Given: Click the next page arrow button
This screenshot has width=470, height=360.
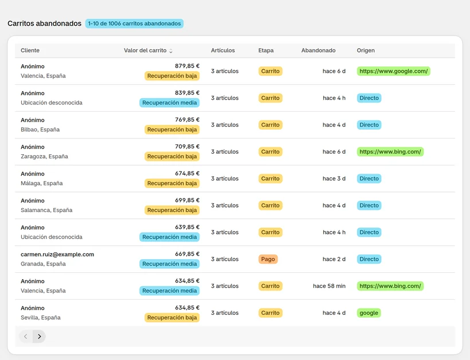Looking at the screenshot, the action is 40,336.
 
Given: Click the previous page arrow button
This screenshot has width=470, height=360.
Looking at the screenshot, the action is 26,336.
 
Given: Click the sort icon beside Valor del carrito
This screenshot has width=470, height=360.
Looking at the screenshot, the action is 171,51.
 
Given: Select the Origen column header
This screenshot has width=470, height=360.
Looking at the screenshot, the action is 365,50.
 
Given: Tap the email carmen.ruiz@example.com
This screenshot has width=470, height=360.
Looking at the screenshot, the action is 57,254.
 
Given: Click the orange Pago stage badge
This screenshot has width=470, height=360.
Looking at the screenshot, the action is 268,259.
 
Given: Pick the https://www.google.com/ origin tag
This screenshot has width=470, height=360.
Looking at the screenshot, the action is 393,71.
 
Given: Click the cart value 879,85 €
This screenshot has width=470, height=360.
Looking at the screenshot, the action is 187,66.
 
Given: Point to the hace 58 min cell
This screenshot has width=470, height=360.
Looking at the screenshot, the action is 329,286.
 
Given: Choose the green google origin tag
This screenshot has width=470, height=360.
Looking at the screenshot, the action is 369,313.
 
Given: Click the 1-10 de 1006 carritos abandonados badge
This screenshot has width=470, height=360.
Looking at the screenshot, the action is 134,24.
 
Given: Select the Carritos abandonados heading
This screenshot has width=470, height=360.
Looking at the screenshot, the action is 44,24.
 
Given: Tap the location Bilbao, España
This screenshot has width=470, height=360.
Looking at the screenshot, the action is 40,130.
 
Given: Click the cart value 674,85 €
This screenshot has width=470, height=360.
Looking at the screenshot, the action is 187,173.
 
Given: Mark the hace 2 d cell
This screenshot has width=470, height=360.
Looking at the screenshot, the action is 334,259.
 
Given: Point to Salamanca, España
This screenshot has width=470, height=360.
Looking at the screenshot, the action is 46,210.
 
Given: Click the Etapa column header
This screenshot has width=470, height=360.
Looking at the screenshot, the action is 266,50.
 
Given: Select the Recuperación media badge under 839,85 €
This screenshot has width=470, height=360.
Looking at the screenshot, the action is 169,103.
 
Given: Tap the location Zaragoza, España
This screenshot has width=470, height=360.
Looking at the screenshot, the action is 44,156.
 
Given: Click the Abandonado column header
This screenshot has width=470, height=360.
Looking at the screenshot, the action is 318,50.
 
